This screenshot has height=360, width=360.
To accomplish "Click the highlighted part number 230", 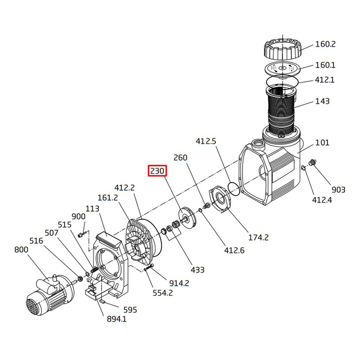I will click(x=157, y=171).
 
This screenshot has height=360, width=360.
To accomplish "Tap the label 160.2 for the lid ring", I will click(x=325, y=44).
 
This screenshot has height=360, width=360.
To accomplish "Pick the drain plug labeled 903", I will click(x=312, y=162).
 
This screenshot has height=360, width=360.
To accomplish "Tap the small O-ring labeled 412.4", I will click(x=304, y=168).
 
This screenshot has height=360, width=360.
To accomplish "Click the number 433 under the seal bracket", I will click(x=198, y=270).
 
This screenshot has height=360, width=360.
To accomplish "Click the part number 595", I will click(x=130, y=310).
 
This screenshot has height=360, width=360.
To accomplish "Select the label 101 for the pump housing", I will click(x=322, y=143).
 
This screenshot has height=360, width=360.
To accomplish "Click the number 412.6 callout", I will click(x=234, y=250).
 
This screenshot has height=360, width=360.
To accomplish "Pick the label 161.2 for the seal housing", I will click(x=108, y=198).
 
